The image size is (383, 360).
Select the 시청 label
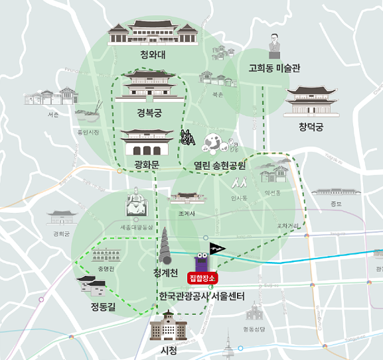[169, 350]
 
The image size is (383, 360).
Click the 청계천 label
[165, 272]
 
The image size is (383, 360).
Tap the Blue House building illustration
[153, 33]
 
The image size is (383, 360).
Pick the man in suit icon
[274, 46]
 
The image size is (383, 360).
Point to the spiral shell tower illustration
[166, 246]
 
